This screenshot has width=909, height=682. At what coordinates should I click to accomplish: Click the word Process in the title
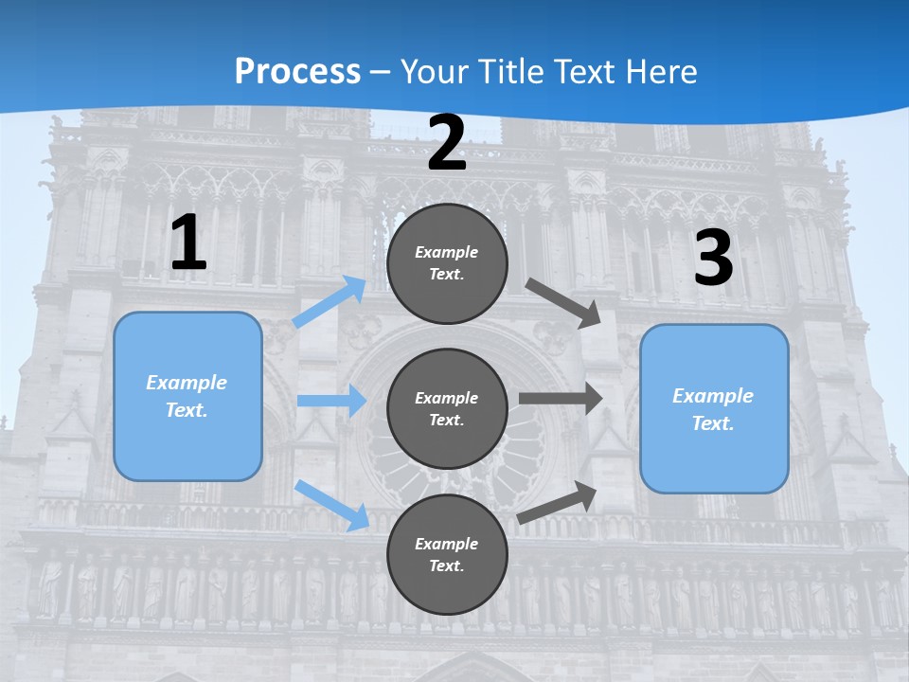coord(297,71)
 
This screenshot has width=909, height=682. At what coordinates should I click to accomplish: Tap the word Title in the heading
coord(507,71)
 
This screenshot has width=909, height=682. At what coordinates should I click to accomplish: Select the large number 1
coord(188,243)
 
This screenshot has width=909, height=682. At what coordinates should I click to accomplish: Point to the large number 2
coord(447,144)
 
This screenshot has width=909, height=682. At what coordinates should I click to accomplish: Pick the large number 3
coord(713,259)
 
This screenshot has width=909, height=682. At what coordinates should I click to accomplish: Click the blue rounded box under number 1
coord(187,396)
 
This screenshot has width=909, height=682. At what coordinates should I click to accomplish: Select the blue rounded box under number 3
coord(714,409)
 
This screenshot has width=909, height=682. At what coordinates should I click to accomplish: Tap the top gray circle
coord(447,263)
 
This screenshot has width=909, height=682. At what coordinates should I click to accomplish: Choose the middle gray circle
coord(447,408)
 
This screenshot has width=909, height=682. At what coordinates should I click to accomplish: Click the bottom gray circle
coord(447,554)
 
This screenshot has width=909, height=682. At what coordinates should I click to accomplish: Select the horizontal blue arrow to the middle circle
coord(331,401)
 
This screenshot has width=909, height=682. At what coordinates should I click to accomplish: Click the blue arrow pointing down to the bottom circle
coord(332,505)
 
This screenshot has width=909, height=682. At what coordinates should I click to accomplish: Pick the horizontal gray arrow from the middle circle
coord(561,398)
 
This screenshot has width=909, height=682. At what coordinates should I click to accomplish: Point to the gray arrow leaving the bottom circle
coord(557,502)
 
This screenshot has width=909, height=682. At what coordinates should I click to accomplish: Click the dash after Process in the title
coord(380,72)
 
